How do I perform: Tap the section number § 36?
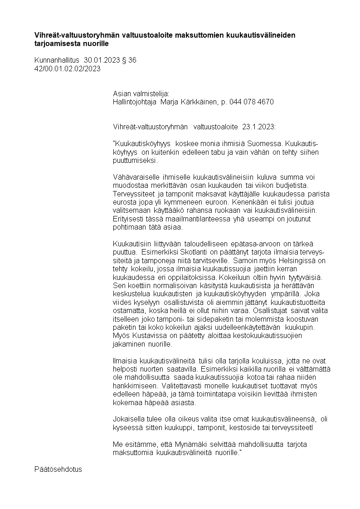tap(129, 60)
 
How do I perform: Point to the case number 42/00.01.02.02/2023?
tap(67, 69)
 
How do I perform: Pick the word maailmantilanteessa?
tap(170, 219)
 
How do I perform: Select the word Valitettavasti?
tap(134, 385)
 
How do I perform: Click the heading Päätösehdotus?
tap(58, 469)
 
